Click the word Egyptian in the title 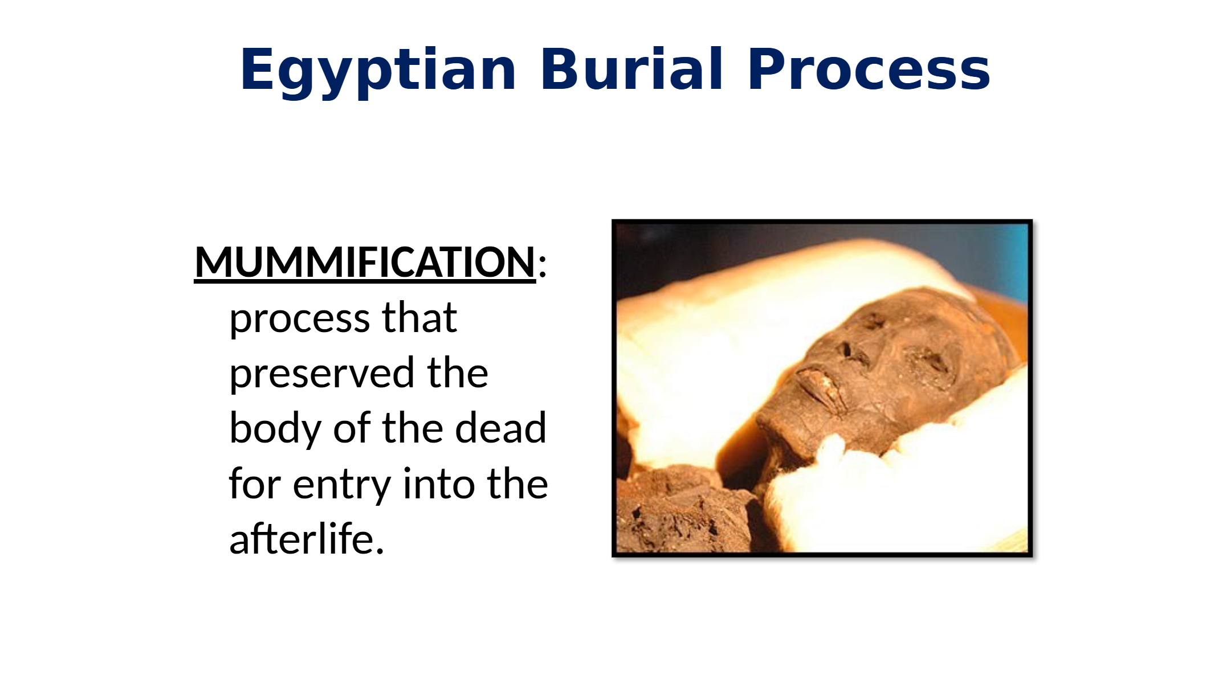[x=378, y=71]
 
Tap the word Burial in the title [x=632, y=68]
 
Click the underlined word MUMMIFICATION [x=365, y=263]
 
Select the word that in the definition [x=419, y=317]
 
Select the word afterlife [x=306, y=538]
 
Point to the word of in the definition [x=352, y=428]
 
